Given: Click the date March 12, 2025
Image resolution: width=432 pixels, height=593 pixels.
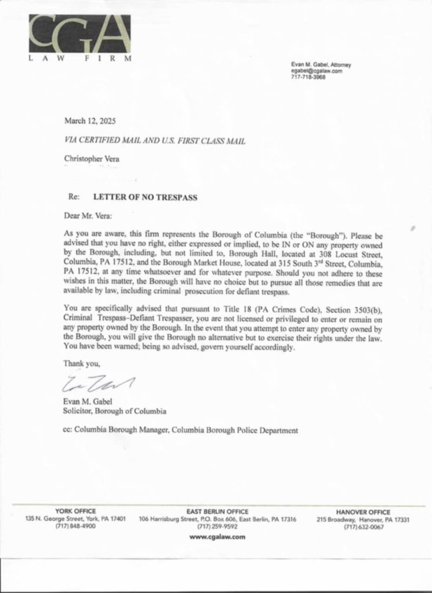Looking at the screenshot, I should pos(90,122).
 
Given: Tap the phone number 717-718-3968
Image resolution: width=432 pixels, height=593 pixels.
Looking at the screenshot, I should pos(308,77).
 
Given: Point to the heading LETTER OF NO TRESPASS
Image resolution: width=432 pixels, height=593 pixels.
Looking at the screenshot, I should pos(146,197).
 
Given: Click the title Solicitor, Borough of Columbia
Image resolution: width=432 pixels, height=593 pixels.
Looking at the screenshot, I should pos(115,412).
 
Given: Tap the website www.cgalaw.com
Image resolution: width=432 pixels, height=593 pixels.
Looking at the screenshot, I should pos(217,537).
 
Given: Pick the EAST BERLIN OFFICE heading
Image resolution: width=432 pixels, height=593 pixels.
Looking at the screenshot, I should pos(217,511).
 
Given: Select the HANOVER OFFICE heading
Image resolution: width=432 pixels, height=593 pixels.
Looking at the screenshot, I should pos(363,512).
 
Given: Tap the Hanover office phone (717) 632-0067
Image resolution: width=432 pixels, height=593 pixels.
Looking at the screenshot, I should pos(364,527).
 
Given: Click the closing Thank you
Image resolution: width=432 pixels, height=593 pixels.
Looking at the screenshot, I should pos(82,364).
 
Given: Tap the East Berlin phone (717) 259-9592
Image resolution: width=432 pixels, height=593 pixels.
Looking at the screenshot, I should pos(217,527).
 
